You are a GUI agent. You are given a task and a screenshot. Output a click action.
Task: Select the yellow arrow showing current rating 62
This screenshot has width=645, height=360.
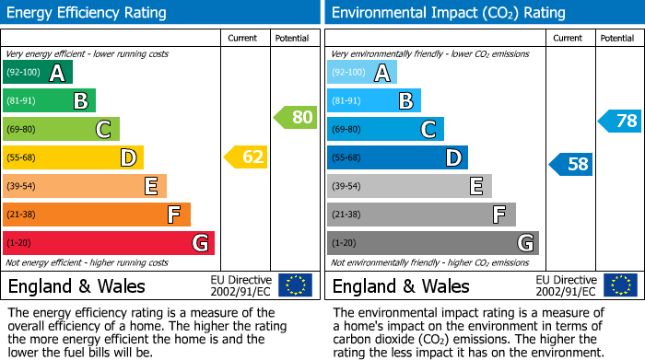tap(246, 157)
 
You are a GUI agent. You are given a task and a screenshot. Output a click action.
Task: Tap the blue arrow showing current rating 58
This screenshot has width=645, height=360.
tap(571, 165)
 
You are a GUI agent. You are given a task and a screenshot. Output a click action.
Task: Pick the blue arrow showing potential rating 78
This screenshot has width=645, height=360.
tap(620, 121)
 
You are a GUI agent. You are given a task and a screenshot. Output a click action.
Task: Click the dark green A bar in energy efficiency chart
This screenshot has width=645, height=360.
tap(38, 73)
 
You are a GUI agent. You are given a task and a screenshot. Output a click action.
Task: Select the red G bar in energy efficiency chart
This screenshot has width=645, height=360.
tap(109, 243)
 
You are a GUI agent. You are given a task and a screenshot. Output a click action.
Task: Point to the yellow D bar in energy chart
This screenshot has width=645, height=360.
tap(73, 157)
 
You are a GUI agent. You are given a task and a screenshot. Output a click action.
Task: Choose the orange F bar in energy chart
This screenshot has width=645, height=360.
tap(97, 215)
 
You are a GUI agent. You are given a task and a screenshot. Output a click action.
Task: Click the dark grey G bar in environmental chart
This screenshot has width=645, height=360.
tap(433, 243)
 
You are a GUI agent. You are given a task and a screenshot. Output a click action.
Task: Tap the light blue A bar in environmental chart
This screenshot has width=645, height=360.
tap(362, 73)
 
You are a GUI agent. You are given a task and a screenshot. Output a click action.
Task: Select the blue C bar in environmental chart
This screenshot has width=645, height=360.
tap(385, 129)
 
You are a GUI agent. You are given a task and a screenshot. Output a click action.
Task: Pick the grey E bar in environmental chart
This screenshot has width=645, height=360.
tap(409, 186)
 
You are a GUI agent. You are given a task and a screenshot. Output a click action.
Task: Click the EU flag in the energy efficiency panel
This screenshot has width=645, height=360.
tap(295, 285)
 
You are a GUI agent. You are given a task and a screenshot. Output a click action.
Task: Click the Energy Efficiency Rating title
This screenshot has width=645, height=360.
tap(88, 13)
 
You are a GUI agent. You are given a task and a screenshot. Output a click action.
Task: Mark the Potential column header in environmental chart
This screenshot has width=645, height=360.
tap(617, 38)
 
